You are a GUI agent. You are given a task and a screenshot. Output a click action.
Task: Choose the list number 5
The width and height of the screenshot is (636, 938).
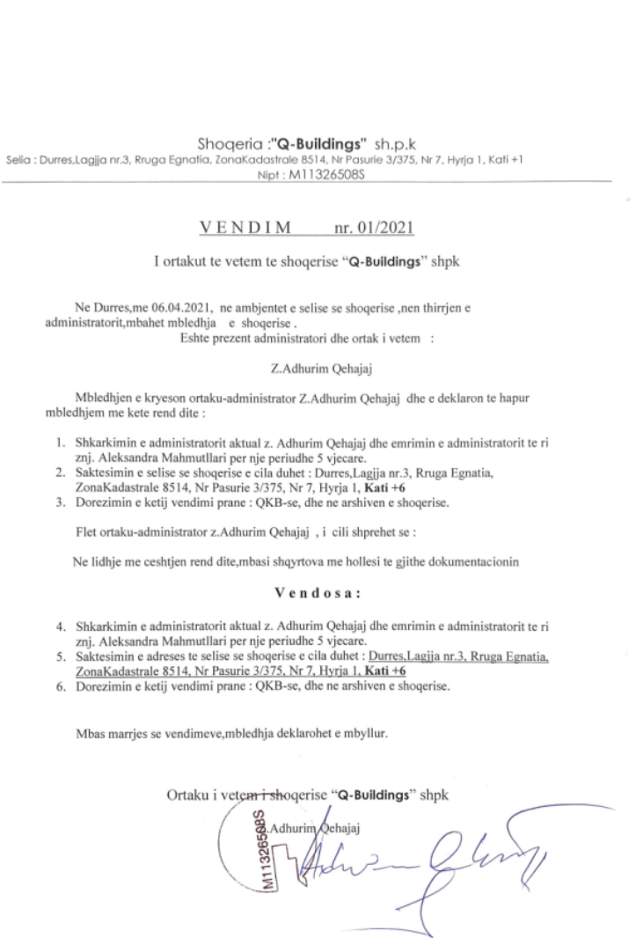pos(54,656)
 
